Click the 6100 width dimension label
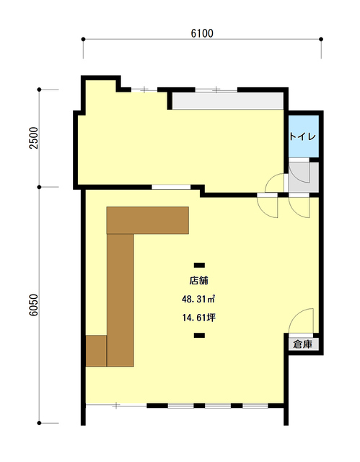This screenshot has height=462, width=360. pyautogui.click(x=202, y=33)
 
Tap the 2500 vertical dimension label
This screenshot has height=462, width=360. pyautogui.click(x=35, y=138)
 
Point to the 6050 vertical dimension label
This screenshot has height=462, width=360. pyautogui.click(x=34, y=305)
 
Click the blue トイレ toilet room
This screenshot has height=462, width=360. pyautogui.click(x=303, y=136)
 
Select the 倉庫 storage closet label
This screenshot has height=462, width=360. pyautogui.click(x=302, y=344)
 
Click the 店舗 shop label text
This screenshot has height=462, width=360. pyautogui.click(x=199, y=281)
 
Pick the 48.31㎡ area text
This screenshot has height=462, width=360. pyautogui.click(x=198, y=300)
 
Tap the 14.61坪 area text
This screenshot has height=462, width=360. pyautogui.click(x=199, y=318)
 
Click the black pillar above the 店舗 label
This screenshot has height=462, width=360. pyautogui.click(x=199, y=265)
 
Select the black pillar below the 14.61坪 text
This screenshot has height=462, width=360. pyautogui.click(x=199, y=335)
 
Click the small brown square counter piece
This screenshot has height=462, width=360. pyautogui.click(x=96, y=351)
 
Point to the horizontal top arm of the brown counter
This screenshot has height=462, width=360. pyautogui.click(x=148, y=220)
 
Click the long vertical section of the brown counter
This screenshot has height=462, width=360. pyautogui.click(x=120, y=300)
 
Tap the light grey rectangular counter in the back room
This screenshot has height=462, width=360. pyautogui.click(x=228, y=101)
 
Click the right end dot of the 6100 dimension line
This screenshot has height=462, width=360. pyautogui.click(x=321, y=39)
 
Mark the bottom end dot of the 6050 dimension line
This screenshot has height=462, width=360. pyautogui.click(x=39, y=423)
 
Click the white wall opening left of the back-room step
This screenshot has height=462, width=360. pyautogui.click(x=171, y=187)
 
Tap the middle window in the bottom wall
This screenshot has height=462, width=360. pyautogui.click(x=218, y=406)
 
